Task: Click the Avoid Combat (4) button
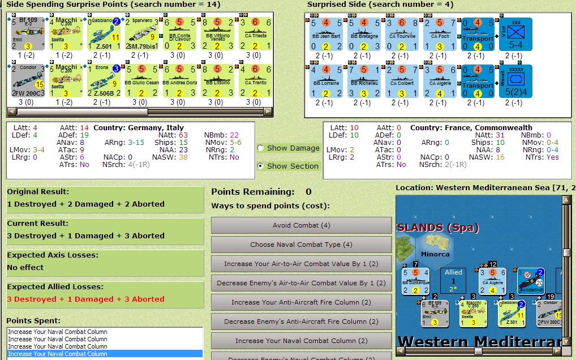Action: (x=301, y=225)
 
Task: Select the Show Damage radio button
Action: (x=260, y=148)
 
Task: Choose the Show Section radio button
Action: (x=260, y=166)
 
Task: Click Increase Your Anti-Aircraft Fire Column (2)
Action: (x=301, y=302)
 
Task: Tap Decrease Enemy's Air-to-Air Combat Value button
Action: (x=301, y=283)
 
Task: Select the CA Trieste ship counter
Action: (x=254, y=34)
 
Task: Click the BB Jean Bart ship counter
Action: (x=326, y=34)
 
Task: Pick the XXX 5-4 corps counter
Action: (x=515, y=34)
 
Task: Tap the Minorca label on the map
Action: (x=435, y=254)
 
